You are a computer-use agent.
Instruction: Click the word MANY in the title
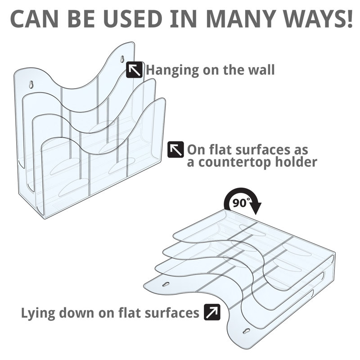click(241, 18)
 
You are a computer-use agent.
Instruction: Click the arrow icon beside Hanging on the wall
click(134, 70)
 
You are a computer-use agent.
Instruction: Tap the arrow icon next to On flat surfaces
click(175, 149)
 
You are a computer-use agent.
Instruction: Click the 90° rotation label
click(240, 202)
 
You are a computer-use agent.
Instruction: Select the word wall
click(262, 70)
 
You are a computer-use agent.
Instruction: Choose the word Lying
click(38, 313)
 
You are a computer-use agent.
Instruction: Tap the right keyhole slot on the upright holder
click(122, 59)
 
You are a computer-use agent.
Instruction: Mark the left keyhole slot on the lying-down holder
click(166, 284)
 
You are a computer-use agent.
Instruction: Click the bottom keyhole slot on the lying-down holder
click(247, 331)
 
